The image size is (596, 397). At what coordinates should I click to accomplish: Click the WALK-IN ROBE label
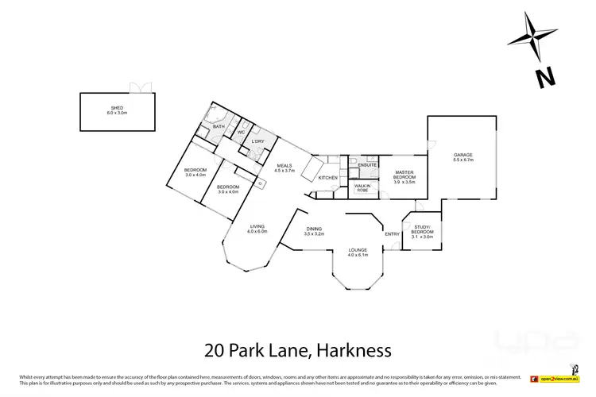pyautogui.click(x=362, y=188)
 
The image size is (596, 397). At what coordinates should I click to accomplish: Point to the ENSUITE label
pyautogui.click(x=367, y=165)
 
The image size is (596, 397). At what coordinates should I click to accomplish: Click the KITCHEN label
pyautogui.click(x=328, y=177)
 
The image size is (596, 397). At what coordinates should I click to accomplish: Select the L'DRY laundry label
pyautogui.click(x=257, y=142)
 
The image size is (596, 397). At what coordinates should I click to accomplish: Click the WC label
pyautogui.click(x=240, y=133)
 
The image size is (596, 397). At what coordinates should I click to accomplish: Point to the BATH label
pyautogui.click(x=219, y=126)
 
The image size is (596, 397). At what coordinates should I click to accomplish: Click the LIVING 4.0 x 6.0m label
pyautogui.click(x=257, y=228)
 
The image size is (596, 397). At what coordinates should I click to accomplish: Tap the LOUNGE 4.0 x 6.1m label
pyautogui.click(x=358, y=253)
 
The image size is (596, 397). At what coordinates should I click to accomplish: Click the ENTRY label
pyautogui.click(x=392, y=233)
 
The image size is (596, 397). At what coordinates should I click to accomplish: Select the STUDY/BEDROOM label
pyautogui.click(x=422, y=233)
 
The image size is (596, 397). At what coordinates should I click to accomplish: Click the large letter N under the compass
pyautogui.click(x=544, y=78)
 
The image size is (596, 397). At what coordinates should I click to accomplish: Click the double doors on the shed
pyautogui.click(x=139, y=87)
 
